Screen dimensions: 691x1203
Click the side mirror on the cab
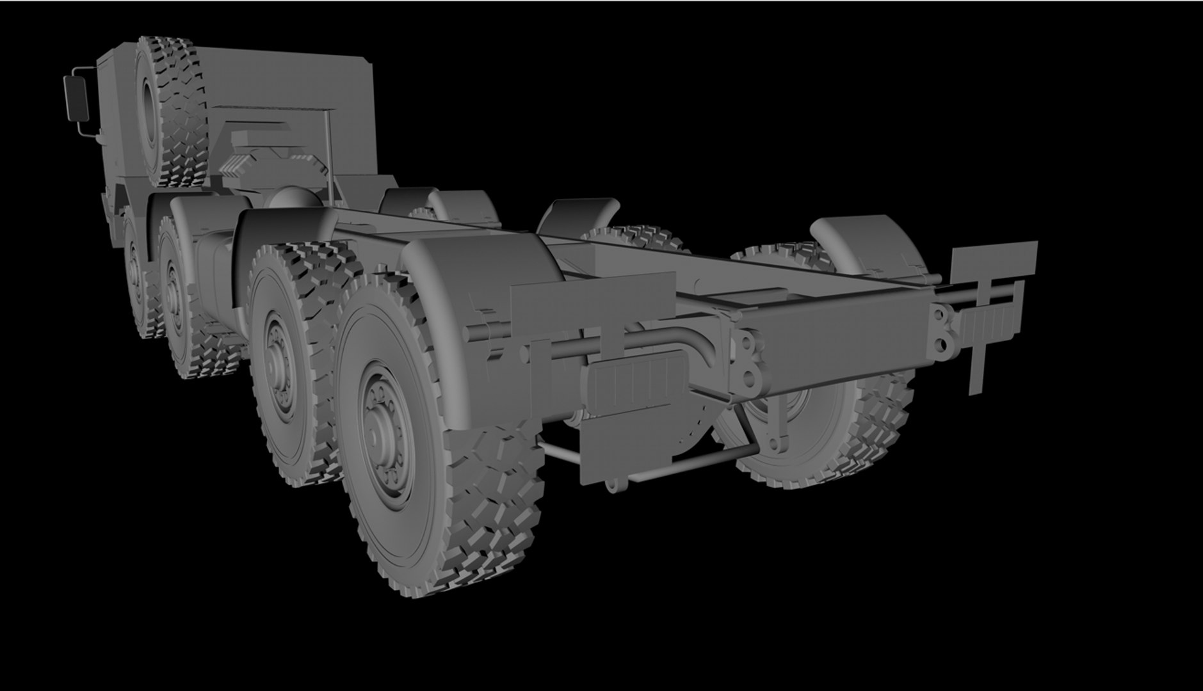76,97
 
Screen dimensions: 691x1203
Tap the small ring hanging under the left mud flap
612,487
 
